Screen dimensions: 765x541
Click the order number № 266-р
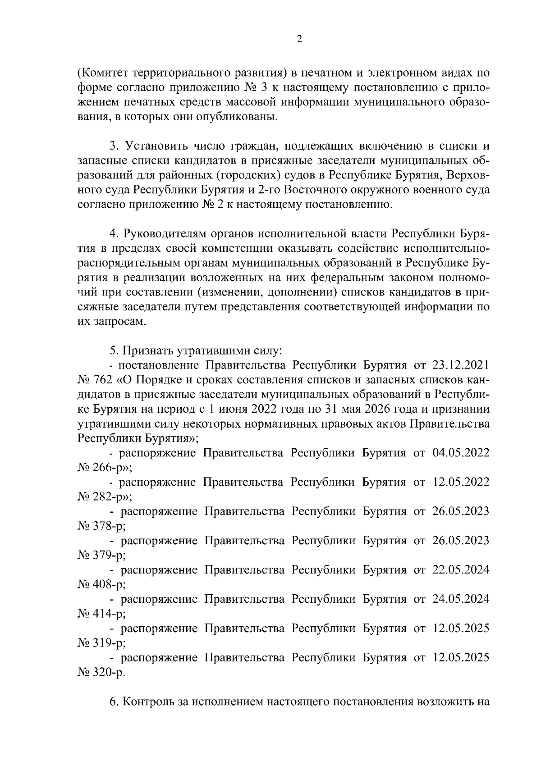102,468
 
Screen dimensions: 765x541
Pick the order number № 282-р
102,497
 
